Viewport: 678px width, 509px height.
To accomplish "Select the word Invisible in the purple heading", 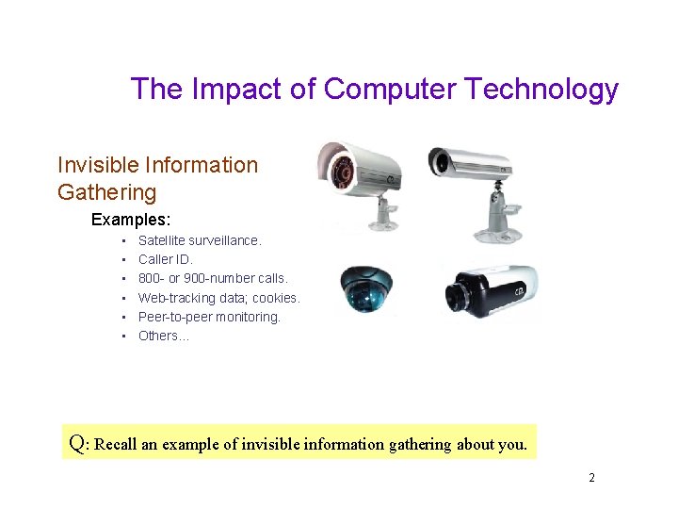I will [x=98, y=165].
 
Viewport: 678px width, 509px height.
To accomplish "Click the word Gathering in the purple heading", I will [x=106, y=192].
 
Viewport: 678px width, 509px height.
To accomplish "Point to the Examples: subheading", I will [x=131, y=220].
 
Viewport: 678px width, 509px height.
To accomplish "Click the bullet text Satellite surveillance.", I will [x=200, y=240].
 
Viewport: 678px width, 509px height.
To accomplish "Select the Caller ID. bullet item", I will [x=165, y=259].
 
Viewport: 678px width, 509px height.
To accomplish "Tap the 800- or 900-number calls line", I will [x=213, y=278].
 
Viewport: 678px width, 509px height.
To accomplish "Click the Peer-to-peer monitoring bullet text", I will [x=209, y=317].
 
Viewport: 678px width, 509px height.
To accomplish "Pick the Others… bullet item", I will [x=164, y=336].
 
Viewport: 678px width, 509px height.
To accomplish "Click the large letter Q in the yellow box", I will [x=78, y=442].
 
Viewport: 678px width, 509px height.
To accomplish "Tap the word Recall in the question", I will [x=116, y=444].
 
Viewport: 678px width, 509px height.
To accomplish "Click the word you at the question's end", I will [x=512, y=444].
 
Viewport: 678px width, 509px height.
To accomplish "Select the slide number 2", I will [x=591, y=478].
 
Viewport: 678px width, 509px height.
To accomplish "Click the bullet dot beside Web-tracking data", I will [x=123, y=298].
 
